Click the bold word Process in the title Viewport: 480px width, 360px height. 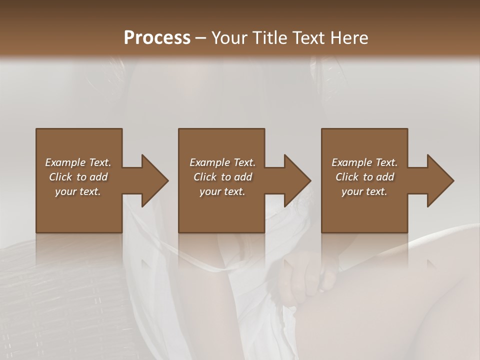pyautogui.click(x=157, y=37)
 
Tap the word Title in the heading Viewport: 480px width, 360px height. pyautogui.click(x=270, y=37)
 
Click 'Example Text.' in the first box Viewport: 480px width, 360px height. pyautogui.click(x=78, y=162)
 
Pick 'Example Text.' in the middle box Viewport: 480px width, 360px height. pyautogui.click(x=222, y=162)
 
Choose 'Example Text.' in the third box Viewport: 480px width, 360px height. pyautogui.click(x=364, y=162)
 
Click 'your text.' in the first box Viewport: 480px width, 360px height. pyautogui.click(x=78, y=191)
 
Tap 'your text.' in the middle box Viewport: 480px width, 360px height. pyautogui.click(x=222, y=191)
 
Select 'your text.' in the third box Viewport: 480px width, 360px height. pyautogui.click(x=364, y=191)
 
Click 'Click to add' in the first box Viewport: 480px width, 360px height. pyautogui.click(x=78, y=177)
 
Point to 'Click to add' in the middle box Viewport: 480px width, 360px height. pyautogui.click(x=222, y=177)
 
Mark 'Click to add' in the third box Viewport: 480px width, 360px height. pyautogui.click(x=364, y=177)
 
